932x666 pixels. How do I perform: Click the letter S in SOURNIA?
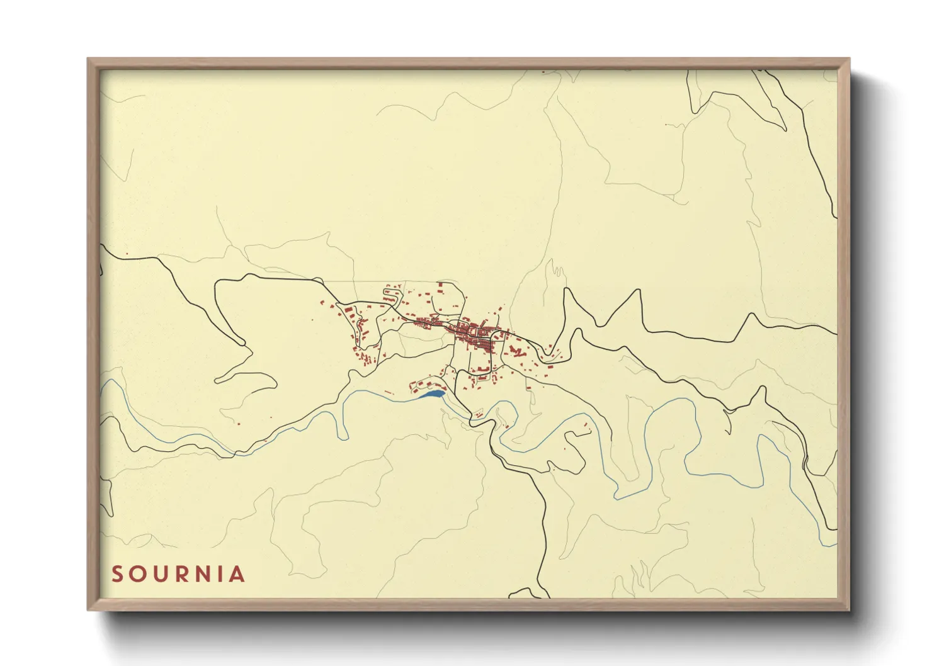coord(117,574)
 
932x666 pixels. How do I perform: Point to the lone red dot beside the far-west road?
coord(127,254)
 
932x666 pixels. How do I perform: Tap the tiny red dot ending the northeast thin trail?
coord(666,125)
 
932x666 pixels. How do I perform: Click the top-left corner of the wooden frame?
coord(88,59)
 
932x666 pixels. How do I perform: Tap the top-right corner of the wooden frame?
coord(849,59)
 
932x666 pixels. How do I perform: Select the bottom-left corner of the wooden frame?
coord(88,609)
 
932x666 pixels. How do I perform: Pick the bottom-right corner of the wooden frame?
coord(849,609)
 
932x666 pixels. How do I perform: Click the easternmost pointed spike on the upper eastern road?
coord(751,314)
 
